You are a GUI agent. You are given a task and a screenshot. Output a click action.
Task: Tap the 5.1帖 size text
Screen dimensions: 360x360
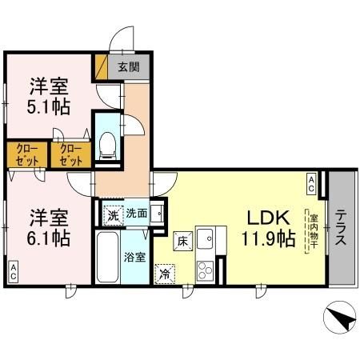[50, 108]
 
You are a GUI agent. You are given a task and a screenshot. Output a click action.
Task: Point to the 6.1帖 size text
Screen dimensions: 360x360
[50, 238]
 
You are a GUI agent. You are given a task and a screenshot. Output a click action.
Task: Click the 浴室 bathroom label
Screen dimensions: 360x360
[134, 257]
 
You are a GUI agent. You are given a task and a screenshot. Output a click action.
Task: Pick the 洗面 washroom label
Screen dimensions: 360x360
[136, 214]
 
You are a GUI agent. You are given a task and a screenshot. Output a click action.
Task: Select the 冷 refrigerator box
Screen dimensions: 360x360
[164, 273]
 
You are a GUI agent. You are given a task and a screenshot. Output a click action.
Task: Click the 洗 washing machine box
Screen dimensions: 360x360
[114, 214]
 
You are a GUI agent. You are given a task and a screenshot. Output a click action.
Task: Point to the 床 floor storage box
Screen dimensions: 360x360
[182, 238]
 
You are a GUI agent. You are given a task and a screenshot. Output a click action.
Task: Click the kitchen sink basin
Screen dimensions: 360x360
[206, 238]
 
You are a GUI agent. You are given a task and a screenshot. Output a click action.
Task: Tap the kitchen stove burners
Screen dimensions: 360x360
[205, 269]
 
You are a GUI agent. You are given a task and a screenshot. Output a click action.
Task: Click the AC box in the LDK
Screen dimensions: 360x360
[311, 183]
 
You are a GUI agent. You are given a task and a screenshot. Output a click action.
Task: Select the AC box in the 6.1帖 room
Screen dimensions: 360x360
[14, 270]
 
